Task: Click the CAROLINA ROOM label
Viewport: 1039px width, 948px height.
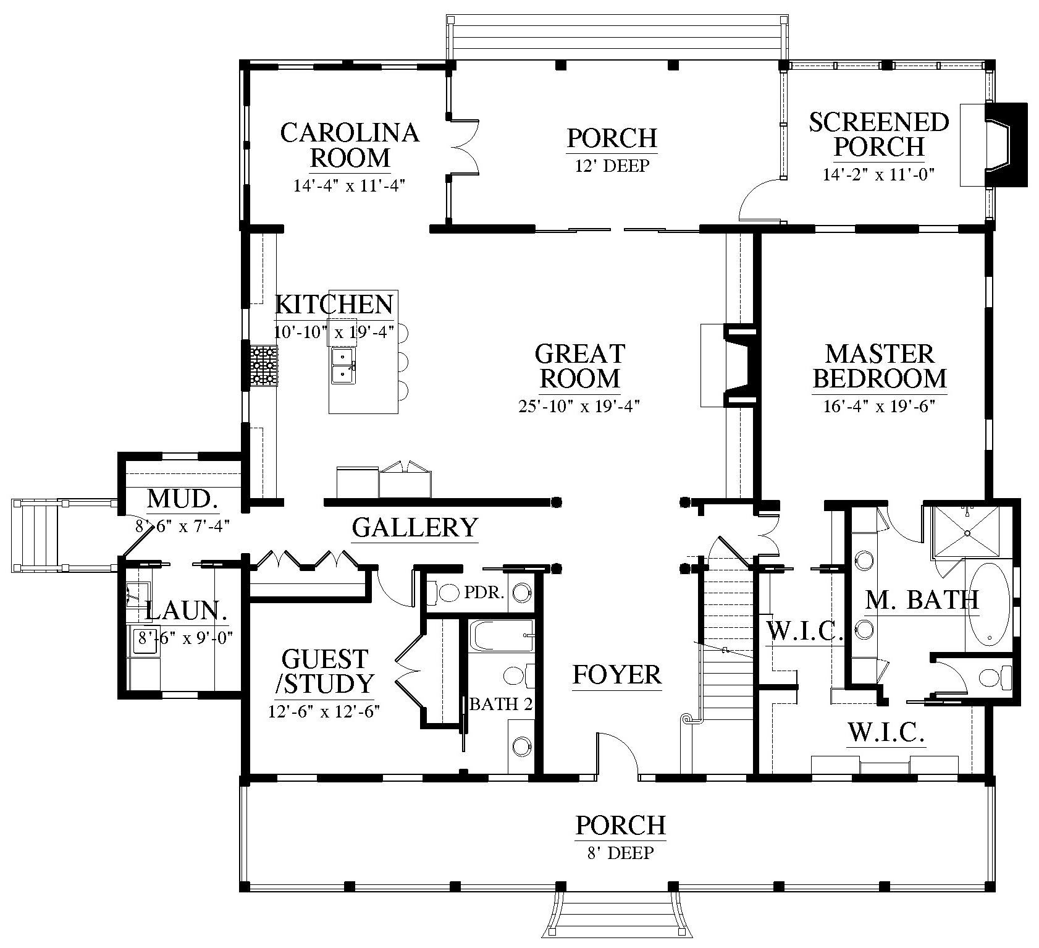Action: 350,145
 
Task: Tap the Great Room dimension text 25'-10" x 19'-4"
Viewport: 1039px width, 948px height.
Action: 579,406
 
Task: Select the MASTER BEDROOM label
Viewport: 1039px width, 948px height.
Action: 880,366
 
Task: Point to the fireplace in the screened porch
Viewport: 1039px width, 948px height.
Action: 994,145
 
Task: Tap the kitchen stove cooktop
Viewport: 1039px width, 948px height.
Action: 264,366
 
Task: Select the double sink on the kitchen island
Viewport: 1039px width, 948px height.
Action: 343,365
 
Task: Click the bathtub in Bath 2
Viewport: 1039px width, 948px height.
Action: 501,636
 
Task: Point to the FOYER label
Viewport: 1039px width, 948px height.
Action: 617,675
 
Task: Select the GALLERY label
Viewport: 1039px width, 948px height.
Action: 415,528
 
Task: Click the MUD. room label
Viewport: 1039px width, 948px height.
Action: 183,499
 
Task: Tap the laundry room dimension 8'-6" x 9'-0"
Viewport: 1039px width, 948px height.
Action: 185,637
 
